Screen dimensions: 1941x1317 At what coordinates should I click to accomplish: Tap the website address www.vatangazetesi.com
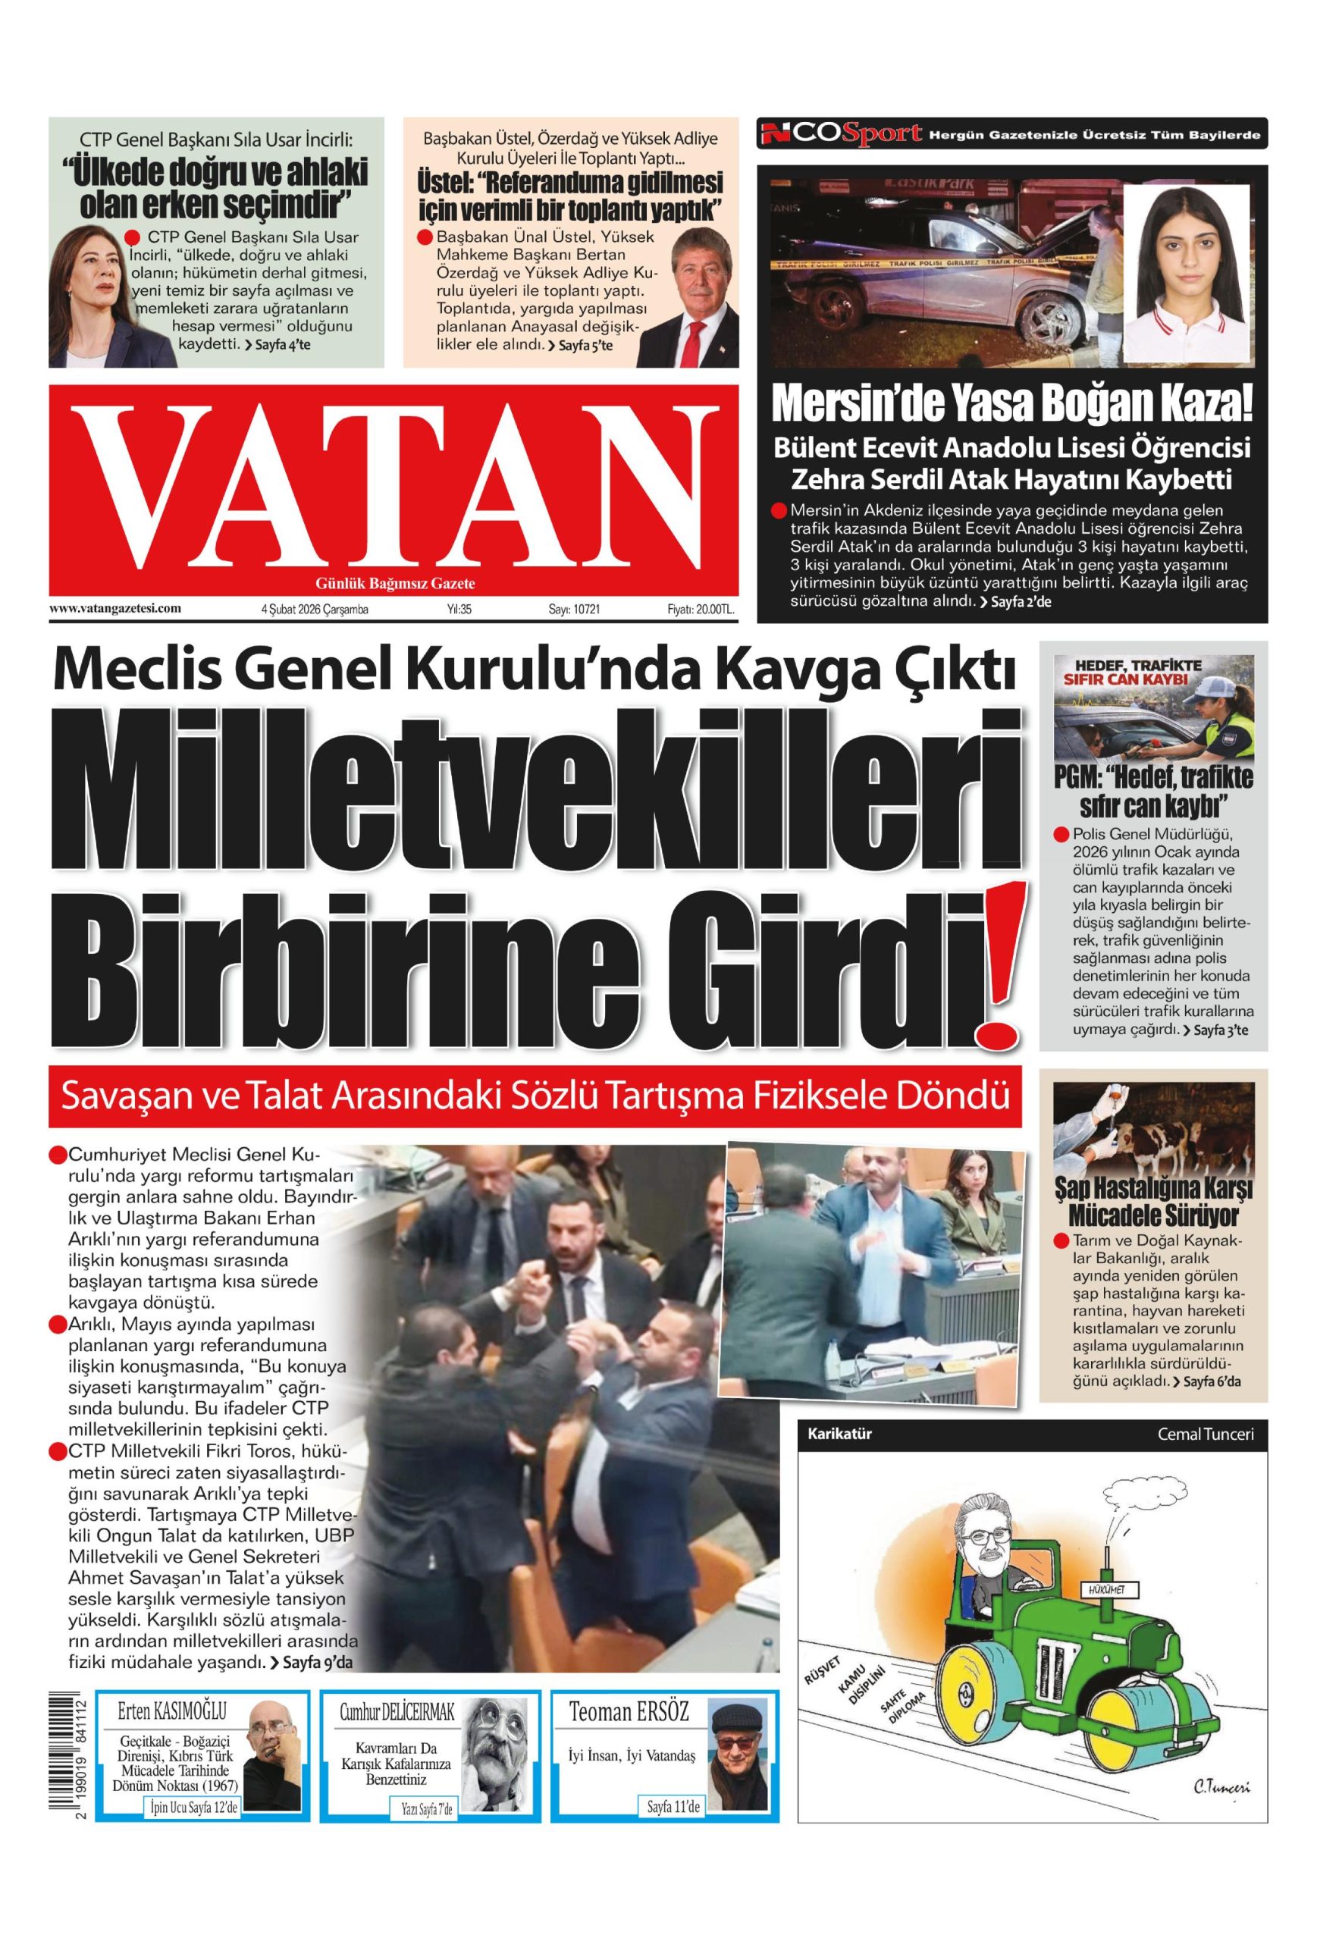tap(115, 608)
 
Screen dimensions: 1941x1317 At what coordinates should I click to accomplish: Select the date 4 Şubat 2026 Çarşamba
tap(315, 610)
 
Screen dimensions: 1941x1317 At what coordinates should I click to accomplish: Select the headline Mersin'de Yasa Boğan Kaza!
tap(1012, 403)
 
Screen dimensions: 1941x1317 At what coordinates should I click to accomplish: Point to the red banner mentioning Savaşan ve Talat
tap(535, 1096)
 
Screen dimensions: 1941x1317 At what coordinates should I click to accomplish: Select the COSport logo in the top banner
tap(842, 133)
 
